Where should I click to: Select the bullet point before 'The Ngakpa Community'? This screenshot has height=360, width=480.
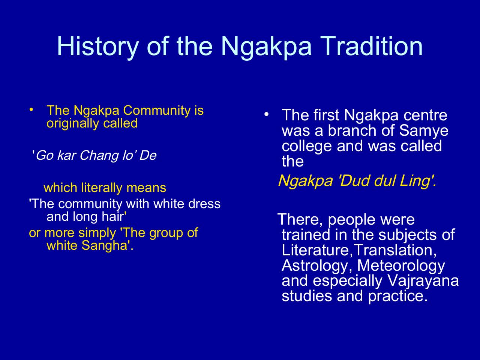click(32, 109)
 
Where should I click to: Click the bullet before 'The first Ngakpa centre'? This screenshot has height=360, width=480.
click(266, 114)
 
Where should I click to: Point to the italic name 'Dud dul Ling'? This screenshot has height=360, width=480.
click(386, 181)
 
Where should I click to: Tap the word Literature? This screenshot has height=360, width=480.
click(315, 250)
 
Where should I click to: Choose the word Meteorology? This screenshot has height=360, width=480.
click(401, 265)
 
